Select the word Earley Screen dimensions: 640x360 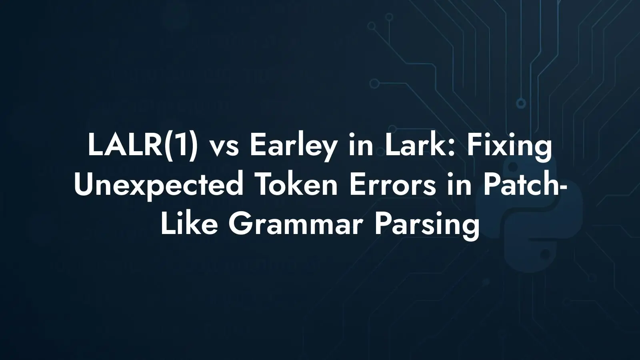tap(293, 148)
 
